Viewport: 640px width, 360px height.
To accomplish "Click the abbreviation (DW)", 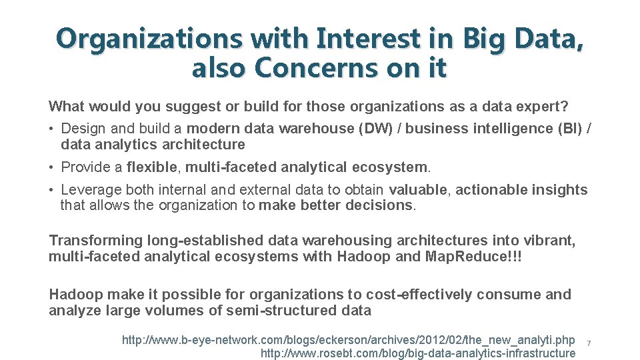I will coord(377,129).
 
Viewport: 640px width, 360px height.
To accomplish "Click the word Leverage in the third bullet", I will coord(89,190).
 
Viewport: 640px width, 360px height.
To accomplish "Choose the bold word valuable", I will coord(420,190).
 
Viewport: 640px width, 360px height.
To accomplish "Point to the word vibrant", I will coord(551,241).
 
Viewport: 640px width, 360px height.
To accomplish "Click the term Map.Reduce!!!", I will coord(473,257).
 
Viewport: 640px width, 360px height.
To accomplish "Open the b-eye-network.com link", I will coord(348,340).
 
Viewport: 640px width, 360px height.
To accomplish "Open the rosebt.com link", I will coord(417,353).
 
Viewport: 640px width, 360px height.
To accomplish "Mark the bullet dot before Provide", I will coord(51,167).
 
